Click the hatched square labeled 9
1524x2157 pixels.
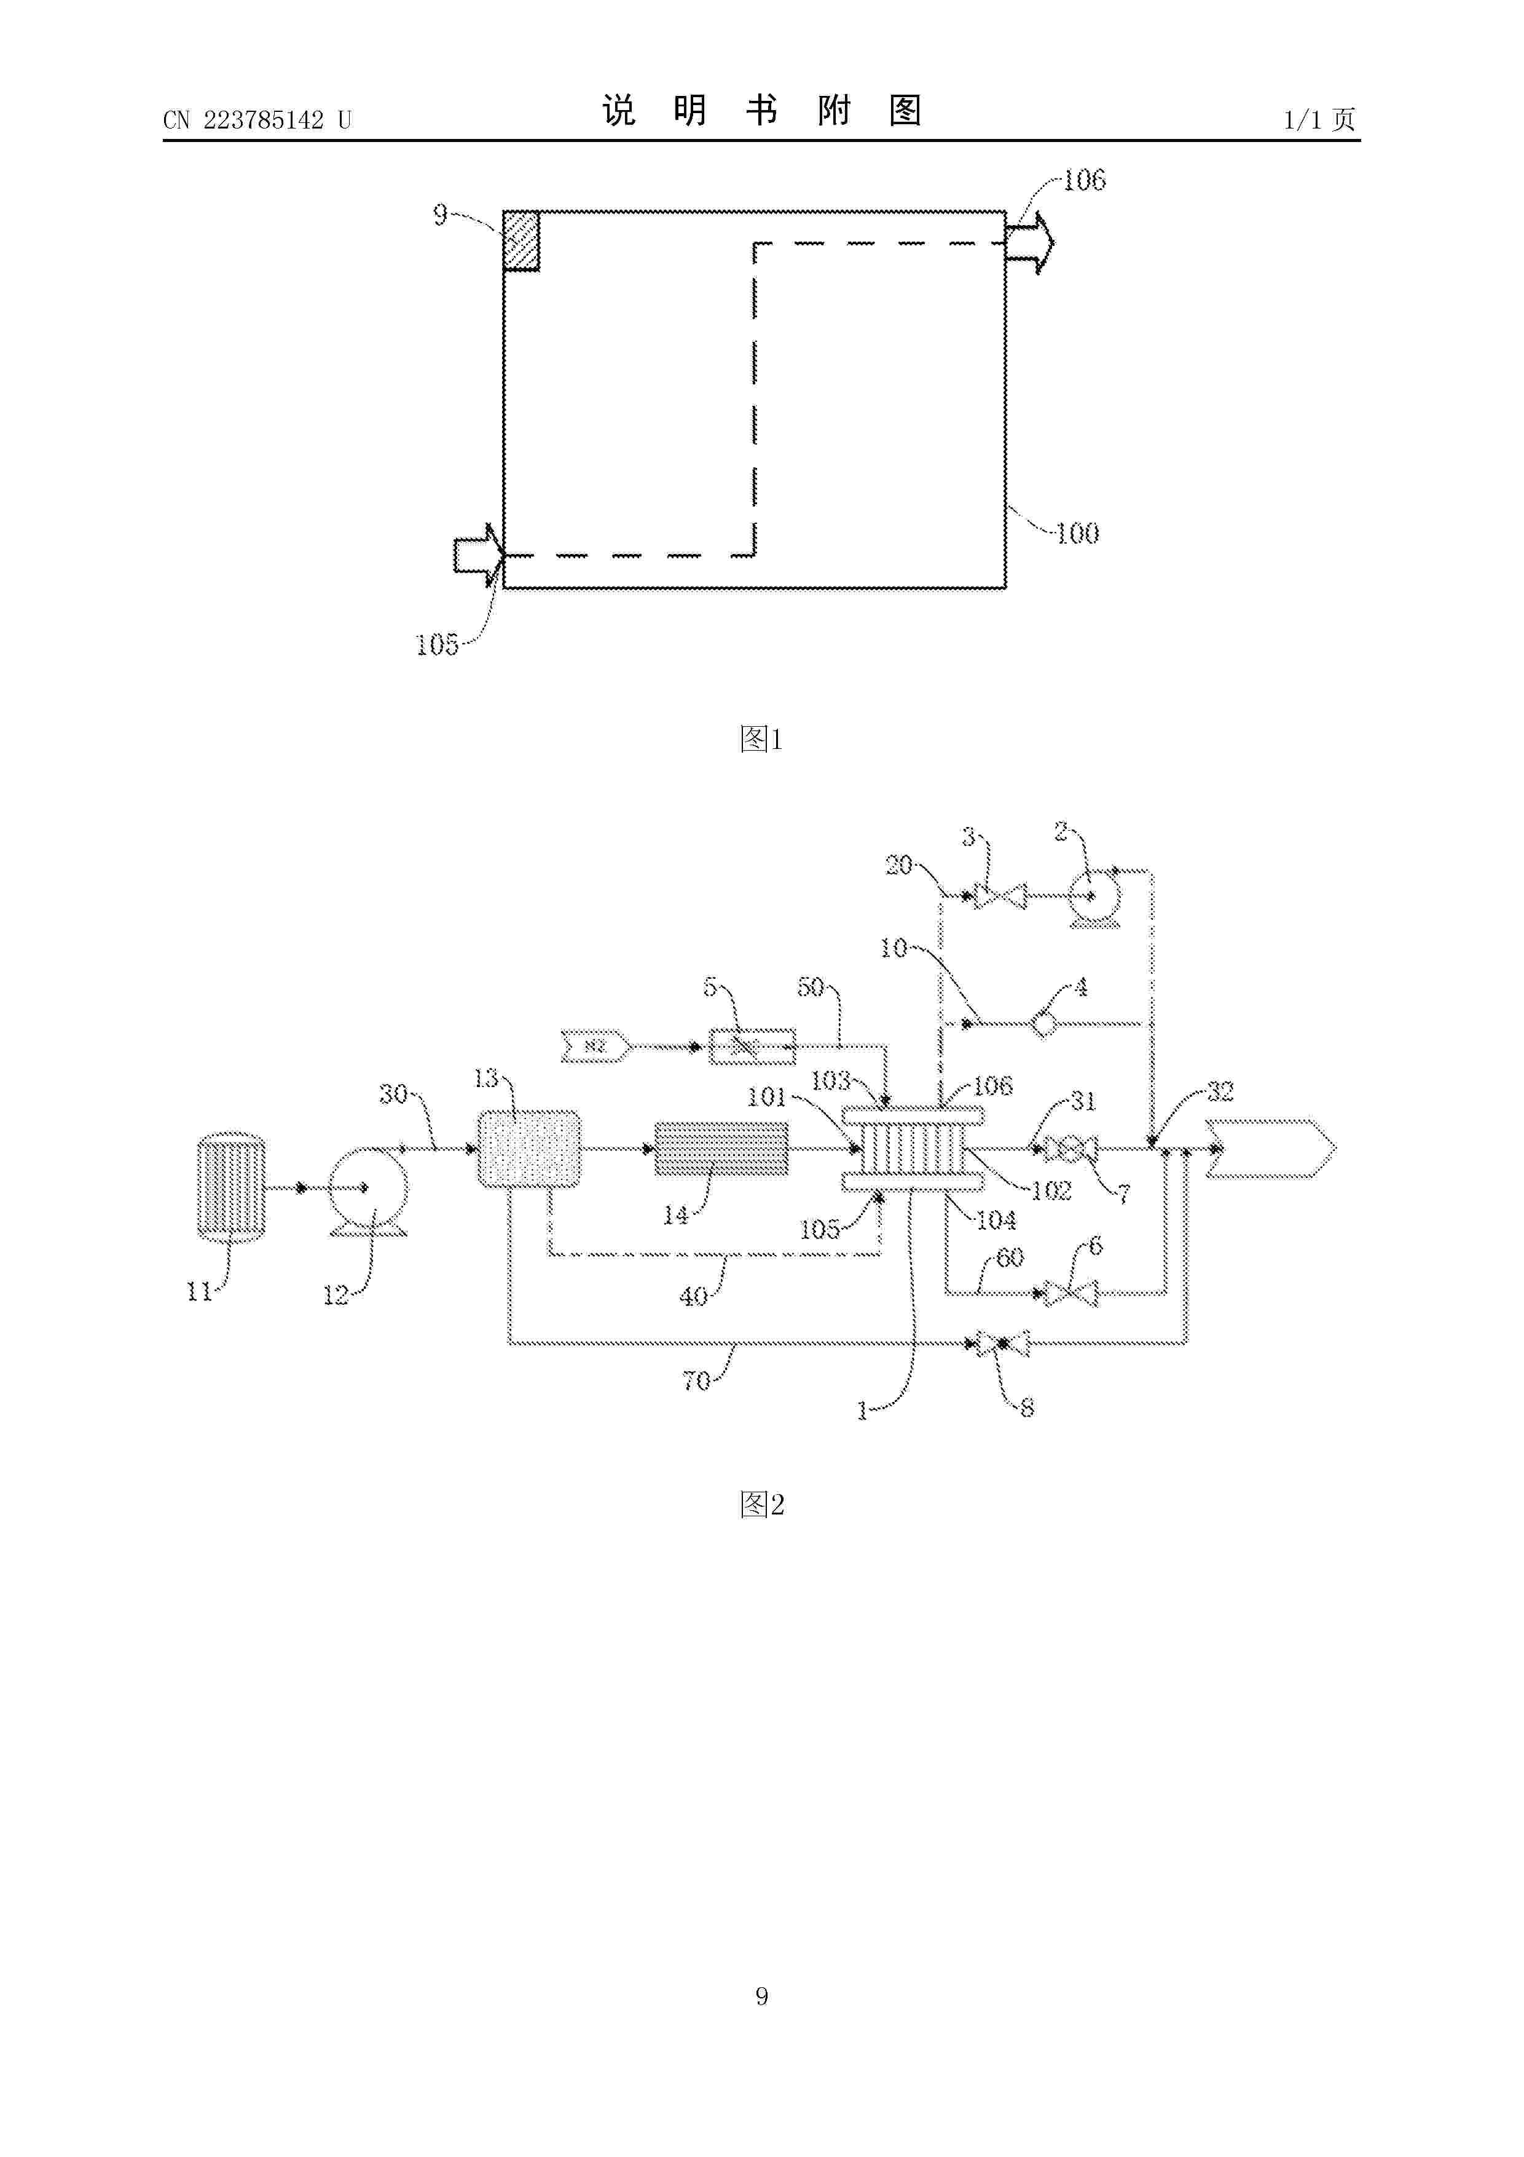[521, 242]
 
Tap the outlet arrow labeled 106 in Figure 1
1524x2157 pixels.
[1029, 243]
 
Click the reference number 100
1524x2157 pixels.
[1077, 534]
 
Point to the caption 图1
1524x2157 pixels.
[761, 739]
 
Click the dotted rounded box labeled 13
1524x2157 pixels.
[528, 1148]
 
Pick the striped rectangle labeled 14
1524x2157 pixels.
[720, 1148]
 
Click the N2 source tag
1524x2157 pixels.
[594, 1046]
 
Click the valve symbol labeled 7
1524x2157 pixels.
[1070, 1148]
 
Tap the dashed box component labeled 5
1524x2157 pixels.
[751, 1046]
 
